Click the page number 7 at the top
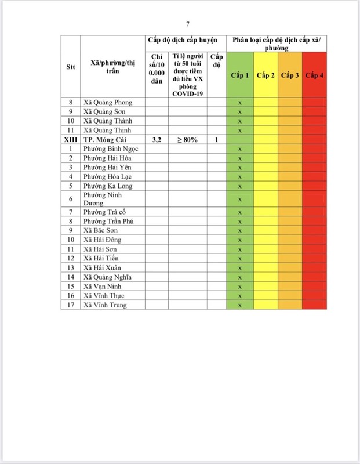[x=188, y=24]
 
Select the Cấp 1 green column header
[x=239, y=75]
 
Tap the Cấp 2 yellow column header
[x=266, y=75]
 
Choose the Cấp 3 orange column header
[x=290, y=75]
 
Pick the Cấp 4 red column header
[x=314, y=75]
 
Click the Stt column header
[x=71, y=66]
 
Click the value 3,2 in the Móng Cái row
[x=157, y=140]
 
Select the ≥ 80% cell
[x=188, y=140]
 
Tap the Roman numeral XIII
[x=71, y=140]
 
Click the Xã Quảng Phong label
[x=108, y=103]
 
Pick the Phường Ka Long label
[x=108, y=186]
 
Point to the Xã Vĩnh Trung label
[x=105, y=305]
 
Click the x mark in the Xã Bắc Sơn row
[x=239, y=230]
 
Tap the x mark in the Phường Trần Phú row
[x=239, y=221]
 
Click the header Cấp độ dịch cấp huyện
[x=181, y=40]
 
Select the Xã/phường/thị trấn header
[x=113, y=66]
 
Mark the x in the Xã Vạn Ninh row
[x=239, y=287]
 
